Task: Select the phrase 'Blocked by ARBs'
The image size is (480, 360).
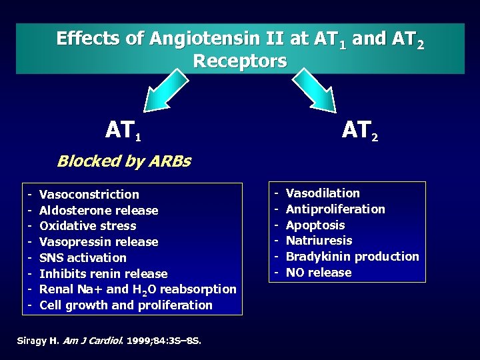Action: point(124,161)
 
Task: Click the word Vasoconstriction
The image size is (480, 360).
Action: point(89,195)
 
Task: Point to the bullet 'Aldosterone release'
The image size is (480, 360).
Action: point(99,211)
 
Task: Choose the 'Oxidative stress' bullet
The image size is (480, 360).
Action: point(89,226)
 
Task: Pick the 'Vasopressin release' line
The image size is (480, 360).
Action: point(99,241)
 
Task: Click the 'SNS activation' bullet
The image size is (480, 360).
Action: point(83,257)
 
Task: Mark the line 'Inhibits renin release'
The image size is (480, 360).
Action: point(103,273)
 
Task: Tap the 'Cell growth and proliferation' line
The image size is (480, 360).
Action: point(126,305)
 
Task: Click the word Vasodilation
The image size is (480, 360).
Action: point(322,193)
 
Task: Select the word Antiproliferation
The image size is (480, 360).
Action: point(335,209)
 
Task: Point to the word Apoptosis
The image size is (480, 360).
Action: point(315,225)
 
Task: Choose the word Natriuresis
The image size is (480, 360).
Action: point(319,241)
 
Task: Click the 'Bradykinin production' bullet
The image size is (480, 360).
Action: point(352,257)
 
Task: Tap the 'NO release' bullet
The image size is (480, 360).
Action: point(318,272)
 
